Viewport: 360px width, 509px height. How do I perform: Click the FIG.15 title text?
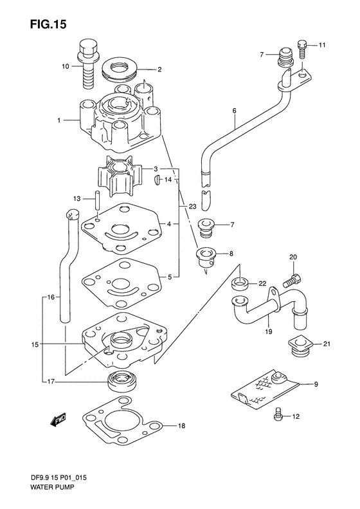click(x=48, y=24)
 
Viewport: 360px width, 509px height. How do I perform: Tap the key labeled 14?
click(x=157, y=180)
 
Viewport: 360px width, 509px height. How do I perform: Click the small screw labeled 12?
click(x=277, y=414)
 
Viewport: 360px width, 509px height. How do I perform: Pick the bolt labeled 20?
click(x=292, y=281)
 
